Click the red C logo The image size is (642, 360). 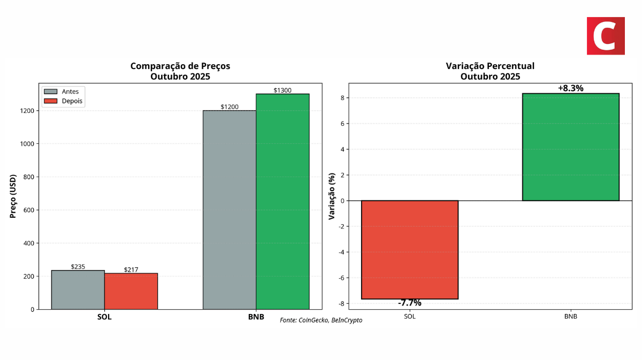(606, 36)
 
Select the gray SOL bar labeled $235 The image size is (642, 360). (78, 289)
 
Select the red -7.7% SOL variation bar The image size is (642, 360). (410, 249)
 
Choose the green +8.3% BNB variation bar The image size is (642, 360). (570, 147)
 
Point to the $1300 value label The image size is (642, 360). (282, 90)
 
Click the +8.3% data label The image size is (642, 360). (570, 88)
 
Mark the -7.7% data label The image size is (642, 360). (410, 303)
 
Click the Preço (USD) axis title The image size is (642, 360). (13, 196)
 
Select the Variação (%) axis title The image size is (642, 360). (332, 196)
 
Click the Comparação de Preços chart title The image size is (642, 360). (180, 71)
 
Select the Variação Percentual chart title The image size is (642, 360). (490, 71)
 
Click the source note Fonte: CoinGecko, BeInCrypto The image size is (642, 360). (321, 320)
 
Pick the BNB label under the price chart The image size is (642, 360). (256, 317)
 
